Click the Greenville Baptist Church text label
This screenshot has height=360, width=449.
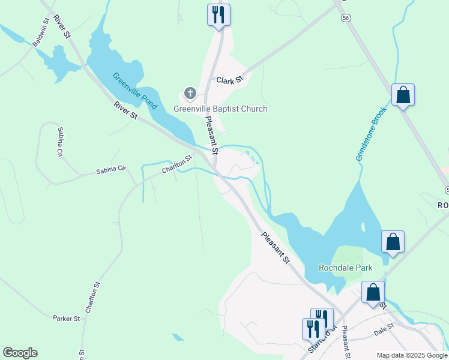(x=220, y=109)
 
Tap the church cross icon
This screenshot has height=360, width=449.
(x=190, y=94)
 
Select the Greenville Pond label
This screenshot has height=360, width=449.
(x=135, y=91)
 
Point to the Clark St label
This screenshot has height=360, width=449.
(x=229, y=80)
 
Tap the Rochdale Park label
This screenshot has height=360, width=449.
(x=345, y=268)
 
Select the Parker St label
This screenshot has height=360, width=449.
(x=66, y=318)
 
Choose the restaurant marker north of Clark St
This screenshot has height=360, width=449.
(x=218, y=14)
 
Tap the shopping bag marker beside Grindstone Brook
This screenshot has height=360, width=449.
(x=403, y=95)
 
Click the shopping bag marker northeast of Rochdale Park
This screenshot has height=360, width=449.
(x=393, y=242)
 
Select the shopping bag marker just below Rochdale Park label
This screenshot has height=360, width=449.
(x=373, y=293)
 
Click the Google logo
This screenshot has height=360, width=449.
(x=20, y=353)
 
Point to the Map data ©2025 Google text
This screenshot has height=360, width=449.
(x=412, y=356)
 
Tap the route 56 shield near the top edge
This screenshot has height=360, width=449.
(x=346, y=19)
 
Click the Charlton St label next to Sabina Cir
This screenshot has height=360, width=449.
(x=176, y=165)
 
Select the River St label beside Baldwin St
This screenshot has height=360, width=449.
(x=62, y=27)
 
